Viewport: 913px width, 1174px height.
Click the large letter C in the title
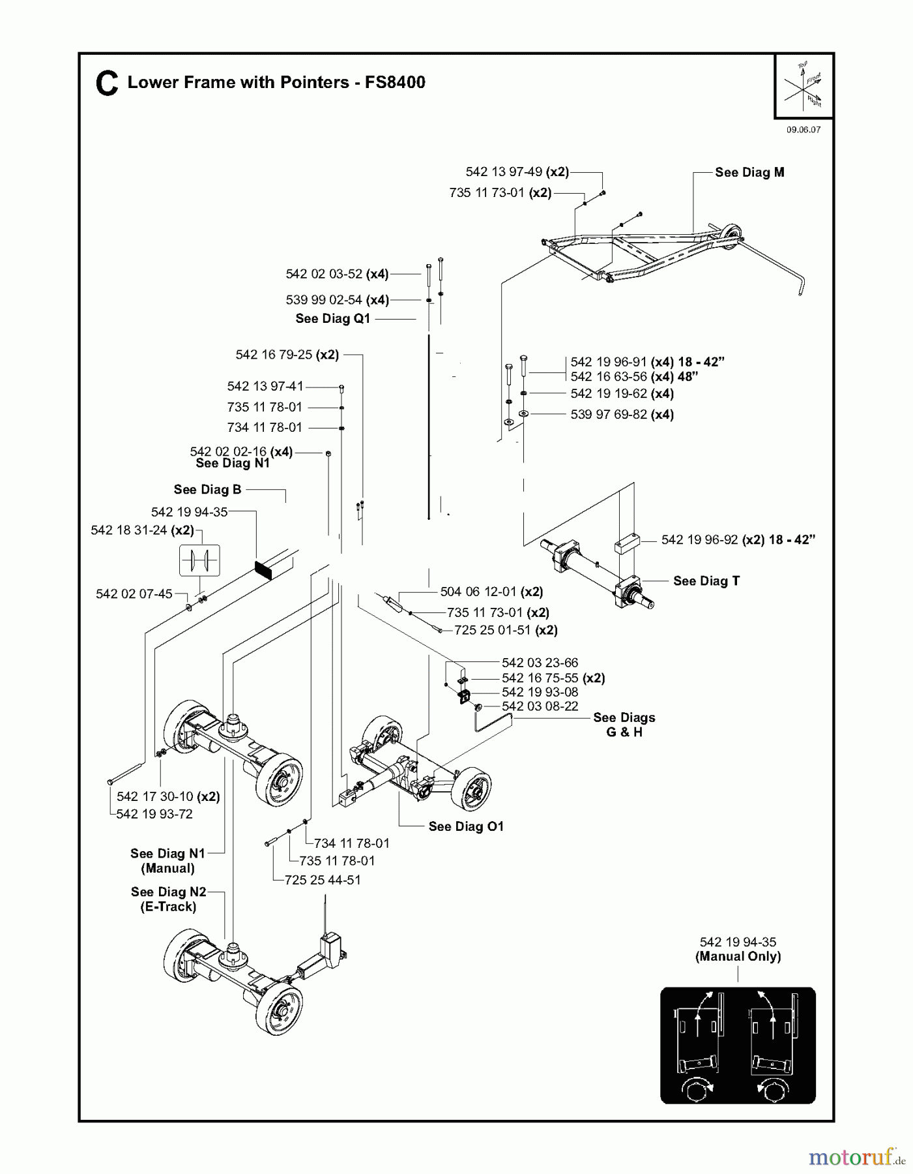[x=107, y=85]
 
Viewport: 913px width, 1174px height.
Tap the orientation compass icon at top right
[x=803, y=87]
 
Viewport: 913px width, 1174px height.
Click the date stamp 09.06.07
[x=803, y=130]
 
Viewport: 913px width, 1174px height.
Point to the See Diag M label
[x=749, y=172]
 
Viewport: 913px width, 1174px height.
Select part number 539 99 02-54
[x=324, y=300]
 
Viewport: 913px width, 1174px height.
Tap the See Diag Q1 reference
[x=332, y=318]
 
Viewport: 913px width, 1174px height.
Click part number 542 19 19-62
[x=609, y=393]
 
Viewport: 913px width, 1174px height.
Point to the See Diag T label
[x=706, y=580]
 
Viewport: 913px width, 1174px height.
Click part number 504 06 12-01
[x=478, y=592]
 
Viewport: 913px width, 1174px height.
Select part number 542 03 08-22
[x=540, y=706]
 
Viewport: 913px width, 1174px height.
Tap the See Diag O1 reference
[x=466, y=826]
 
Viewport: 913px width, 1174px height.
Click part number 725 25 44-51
[x=323, y=880]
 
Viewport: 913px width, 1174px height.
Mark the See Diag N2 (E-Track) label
[x=168, y=899]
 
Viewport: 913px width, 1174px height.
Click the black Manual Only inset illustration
[x=738, y=1045]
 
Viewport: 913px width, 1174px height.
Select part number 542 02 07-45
[x=134, y=594]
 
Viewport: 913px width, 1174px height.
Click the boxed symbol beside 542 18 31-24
[x=199, y=560]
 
